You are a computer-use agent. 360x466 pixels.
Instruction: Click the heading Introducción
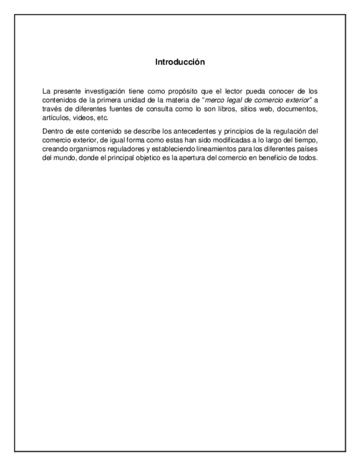pos(180,62)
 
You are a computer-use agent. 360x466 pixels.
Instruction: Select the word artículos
pos(55,118)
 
